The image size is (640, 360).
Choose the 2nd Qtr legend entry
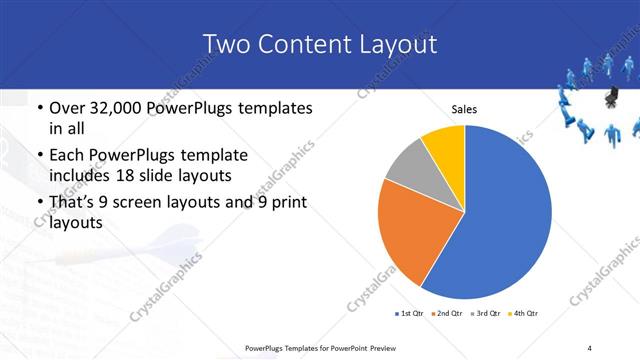pyautogui.click(x=447, y=314)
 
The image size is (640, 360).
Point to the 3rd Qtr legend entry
pyautogui.click(x=484, y=314)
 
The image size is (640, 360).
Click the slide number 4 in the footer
pyautogui.click(x=589, y=347)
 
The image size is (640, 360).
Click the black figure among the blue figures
pyautogui.click(x=610, y=97)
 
